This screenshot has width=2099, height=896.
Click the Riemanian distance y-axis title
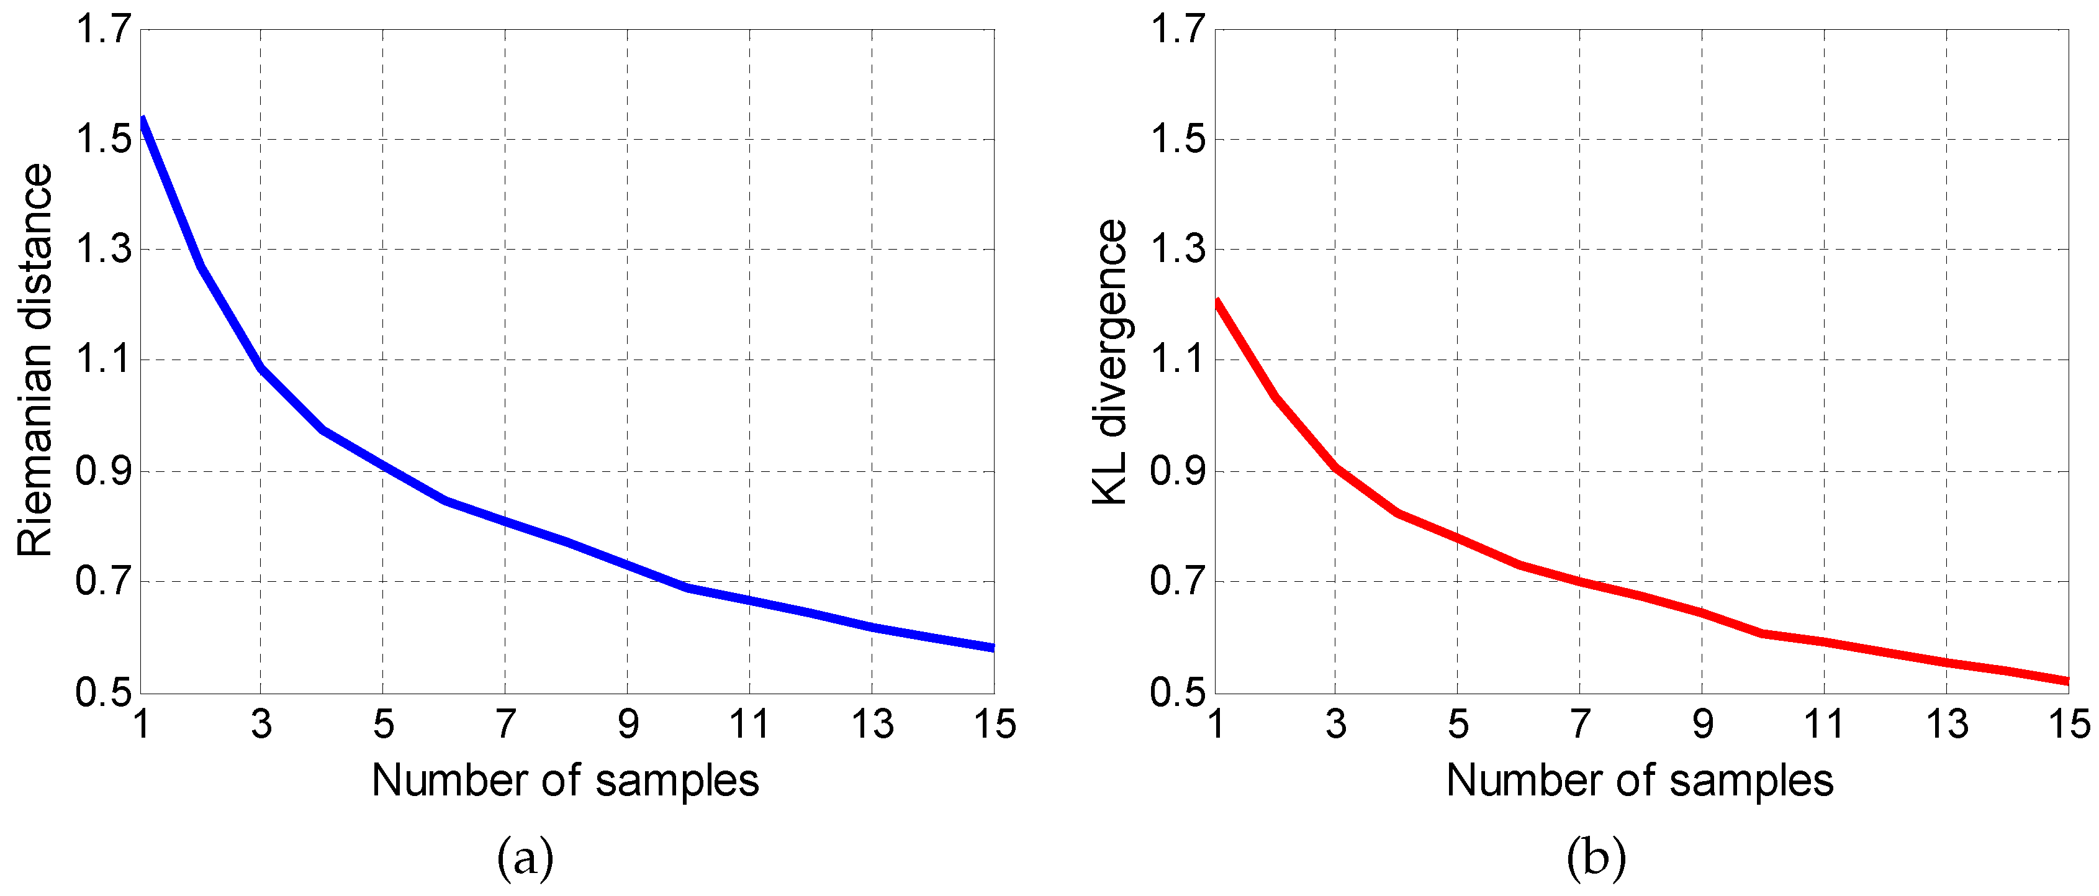(x=35, y=360)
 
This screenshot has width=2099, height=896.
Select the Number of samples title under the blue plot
(x=565, y=781)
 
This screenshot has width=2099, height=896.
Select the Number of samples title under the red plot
(x=1640, y=781)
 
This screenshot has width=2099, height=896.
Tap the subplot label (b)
(x=1596, y=858)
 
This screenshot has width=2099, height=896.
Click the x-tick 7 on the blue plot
(x=505, y=724)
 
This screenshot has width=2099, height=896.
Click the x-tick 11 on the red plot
(x=1823, y=724)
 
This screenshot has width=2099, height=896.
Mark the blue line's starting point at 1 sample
(x=143, y=120)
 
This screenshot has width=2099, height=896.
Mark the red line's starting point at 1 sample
(x=1217, y=303)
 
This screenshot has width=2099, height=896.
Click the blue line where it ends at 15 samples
(x=993, y=648)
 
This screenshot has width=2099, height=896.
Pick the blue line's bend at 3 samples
(x=261, y=368)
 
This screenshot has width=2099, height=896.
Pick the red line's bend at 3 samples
(x=1335, y=468)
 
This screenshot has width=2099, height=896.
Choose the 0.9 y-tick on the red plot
(x=1178, y=471)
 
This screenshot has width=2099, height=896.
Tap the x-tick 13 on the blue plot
(x=872, y=724)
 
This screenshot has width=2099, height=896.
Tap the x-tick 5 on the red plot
(x=1458, y=724)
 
